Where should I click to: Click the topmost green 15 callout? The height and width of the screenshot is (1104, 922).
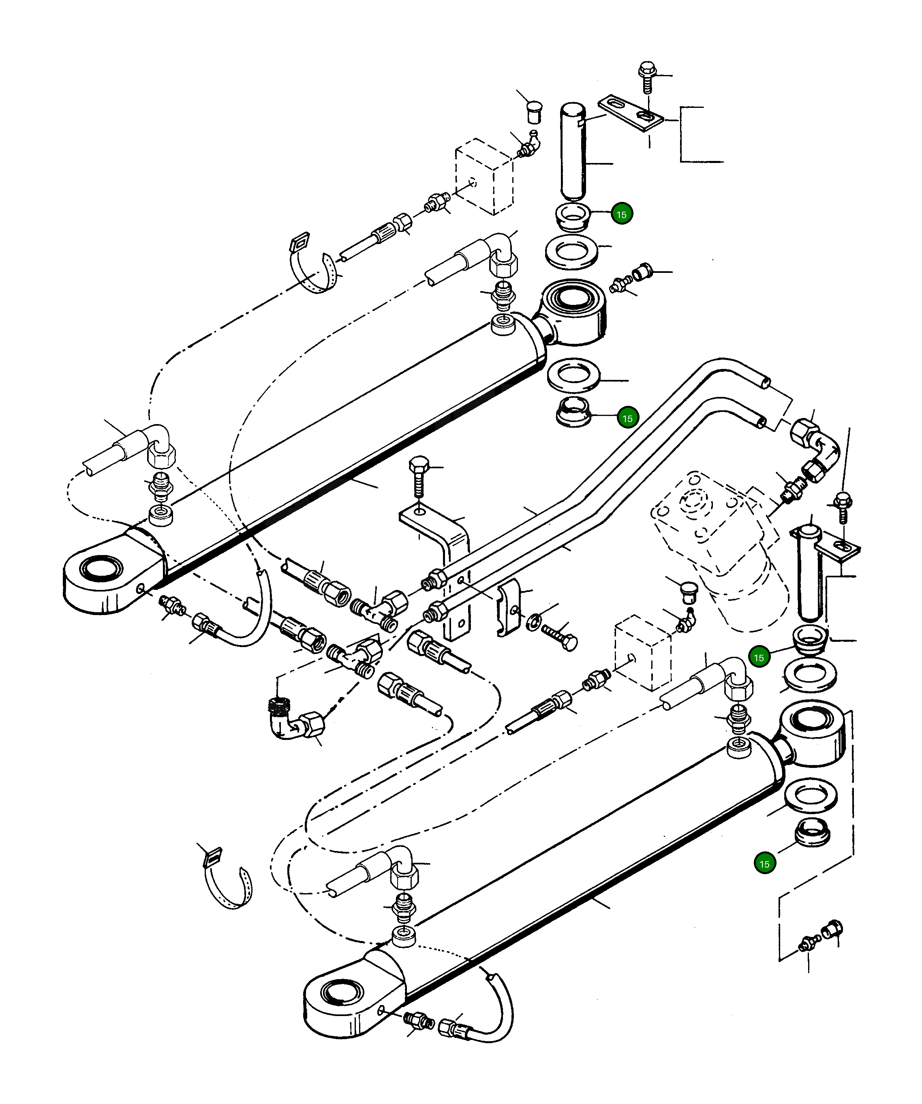click(622, 214)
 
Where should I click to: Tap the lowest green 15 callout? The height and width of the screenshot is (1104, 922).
click(764, 864)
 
